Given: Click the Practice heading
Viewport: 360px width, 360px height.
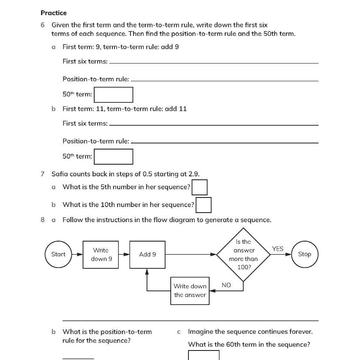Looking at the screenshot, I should [x=54, y=13].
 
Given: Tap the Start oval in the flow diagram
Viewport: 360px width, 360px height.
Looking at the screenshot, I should [x=58, y=255].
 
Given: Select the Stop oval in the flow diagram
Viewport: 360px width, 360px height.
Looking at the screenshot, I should [x=305, y=255].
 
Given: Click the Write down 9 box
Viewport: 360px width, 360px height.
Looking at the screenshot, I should [x=102, y=255].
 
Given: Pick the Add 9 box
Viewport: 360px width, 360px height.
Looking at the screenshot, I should [x=147, y=255].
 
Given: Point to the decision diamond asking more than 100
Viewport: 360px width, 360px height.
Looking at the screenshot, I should [x=243, y=255].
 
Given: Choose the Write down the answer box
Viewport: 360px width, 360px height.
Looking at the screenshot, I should [x=190, y=290].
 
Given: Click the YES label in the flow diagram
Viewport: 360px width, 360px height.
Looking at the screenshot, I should [x=277, y=249].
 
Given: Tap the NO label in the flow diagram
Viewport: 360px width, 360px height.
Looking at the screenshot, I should [x=226, y=285].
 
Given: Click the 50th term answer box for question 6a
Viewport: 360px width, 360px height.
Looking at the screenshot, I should [x=113, y=95].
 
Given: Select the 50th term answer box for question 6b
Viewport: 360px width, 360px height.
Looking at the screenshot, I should [x=113, y=156].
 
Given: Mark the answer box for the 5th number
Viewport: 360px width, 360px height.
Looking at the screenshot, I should [x=200, y=188].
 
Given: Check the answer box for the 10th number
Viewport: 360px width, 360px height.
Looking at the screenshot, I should [x=204, y=205].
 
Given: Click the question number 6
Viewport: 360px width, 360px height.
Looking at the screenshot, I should [x=42, y=25].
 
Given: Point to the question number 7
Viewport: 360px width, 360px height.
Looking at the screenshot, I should [x=42, y=174].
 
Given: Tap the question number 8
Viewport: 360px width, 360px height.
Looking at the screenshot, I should [x=42, y=220].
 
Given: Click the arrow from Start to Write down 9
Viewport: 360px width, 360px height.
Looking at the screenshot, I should [x=78, y=255].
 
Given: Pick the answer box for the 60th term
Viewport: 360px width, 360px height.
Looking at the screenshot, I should [x=204, y=355].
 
